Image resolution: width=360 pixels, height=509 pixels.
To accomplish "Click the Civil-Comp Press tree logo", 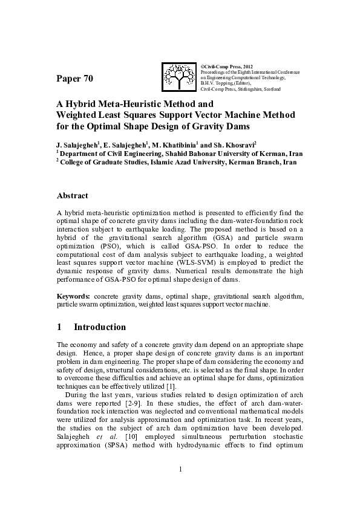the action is (x=179, y=77).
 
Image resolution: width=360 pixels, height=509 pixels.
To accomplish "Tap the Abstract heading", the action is (x=72, y=195).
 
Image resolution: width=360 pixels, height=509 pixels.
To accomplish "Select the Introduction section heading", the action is (x=100, y=327).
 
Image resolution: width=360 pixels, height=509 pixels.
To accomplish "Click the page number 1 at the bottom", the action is (x=180, y=469).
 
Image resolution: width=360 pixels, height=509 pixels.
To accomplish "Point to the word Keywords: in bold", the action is (x=74, y=297).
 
